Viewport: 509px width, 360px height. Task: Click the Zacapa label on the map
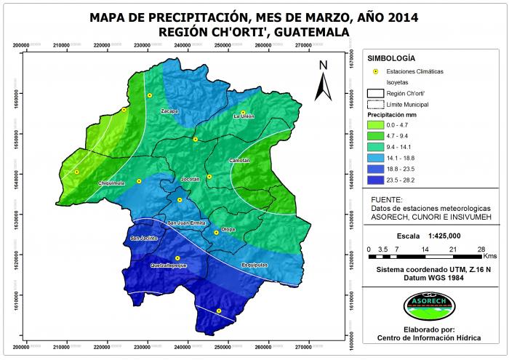point(169,111)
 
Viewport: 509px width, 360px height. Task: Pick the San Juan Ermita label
point(186,223)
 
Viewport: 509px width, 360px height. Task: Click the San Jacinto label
point(143,239)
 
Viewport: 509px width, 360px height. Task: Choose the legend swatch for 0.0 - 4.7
point(377,125)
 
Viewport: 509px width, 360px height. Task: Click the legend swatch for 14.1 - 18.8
point(377,156)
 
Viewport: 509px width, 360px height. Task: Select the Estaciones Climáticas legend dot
point(376,71)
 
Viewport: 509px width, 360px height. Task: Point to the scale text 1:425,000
point(446,236)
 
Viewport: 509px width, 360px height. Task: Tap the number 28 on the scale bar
point(481,249)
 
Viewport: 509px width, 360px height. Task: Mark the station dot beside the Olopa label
point(216,233)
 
